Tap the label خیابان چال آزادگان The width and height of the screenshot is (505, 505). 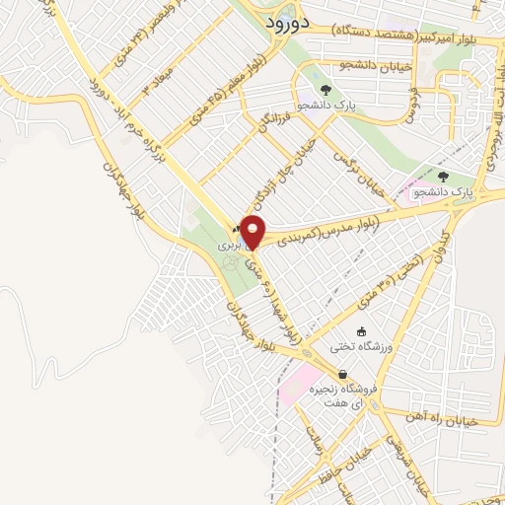coord(295,168)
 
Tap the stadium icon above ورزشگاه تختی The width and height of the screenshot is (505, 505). coord(362,330)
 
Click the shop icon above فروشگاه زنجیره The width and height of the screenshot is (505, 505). coord(342,375)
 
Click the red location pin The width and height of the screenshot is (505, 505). coord(253,231)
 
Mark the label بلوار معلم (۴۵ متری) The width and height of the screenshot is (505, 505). coord(211,99)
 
